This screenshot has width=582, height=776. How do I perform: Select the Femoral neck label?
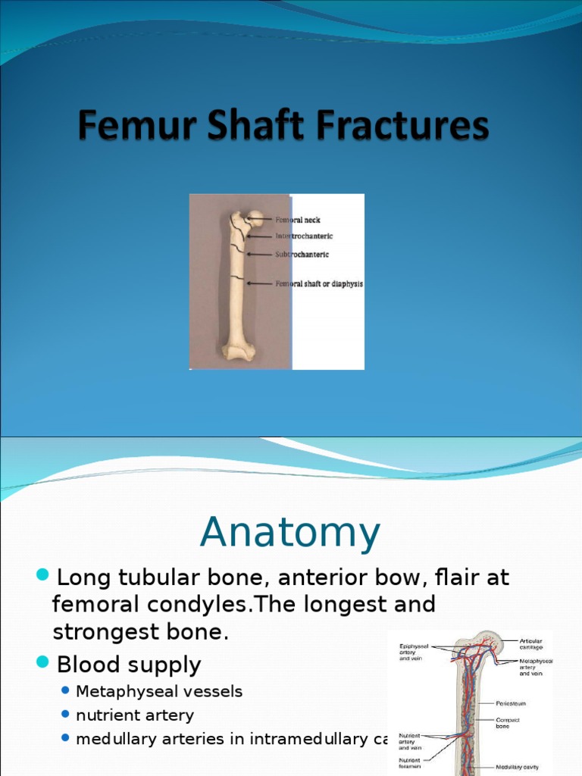(x=297, y=221)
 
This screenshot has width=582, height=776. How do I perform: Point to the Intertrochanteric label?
(x=303, y=236)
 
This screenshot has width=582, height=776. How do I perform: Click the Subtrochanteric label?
(x=302, y=255)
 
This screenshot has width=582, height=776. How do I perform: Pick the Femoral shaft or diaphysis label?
(x=318, y=284)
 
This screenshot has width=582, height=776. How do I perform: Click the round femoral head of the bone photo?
(x=255, y=218)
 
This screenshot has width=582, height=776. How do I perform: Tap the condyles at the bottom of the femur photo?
(x=238, y=350)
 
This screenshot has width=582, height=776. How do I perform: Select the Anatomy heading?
(x=290, y=533)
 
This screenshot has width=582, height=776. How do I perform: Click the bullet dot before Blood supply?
(x=43, y=664)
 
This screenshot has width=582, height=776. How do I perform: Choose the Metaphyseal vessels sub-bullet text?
(x=159, y=691)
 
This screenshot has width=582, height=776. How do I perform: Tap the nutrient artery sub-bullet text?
(x=135, y=715)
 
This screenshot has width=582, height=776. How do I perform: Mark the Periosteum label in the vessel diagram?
(x=512, y=704)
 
